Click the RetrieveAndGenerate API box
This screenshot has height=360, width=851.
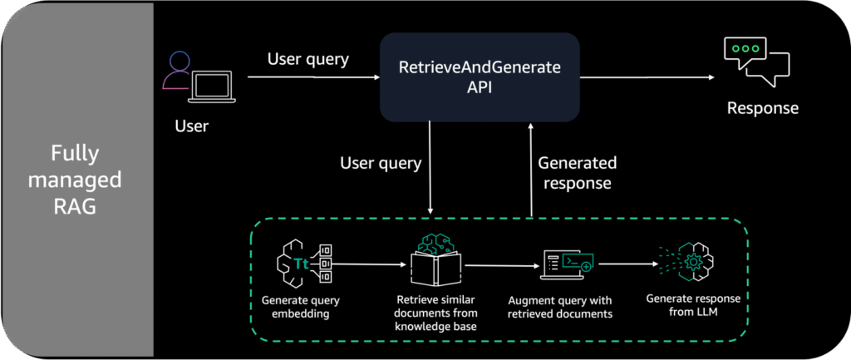click(480, 76)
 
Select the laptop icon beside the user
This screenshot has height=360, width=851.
click(212, 86)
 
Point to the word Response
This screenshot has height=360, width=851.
click(763, 107)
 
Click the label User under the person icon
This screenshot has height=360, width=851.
click(192, 126)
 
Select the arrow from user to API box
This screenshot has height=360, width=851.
click(313, 77)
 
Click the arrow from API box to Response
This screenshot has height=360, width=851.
click(647, 77)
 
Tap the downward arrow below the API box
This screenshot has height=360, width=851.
click(430, 167)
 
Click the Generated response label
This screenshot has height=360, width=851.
click(578, 173)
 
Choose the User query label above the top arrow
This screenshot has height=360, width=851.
click(307, 59)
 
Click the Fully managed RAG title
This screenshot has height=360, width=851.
click(75, 180)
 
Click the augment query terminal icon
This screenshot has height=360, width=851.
click(567, 265)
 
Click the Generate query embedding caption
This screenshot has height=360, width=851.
click(296, 307)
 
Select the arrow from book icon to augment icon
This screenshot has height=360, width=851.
click(499, 266)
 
